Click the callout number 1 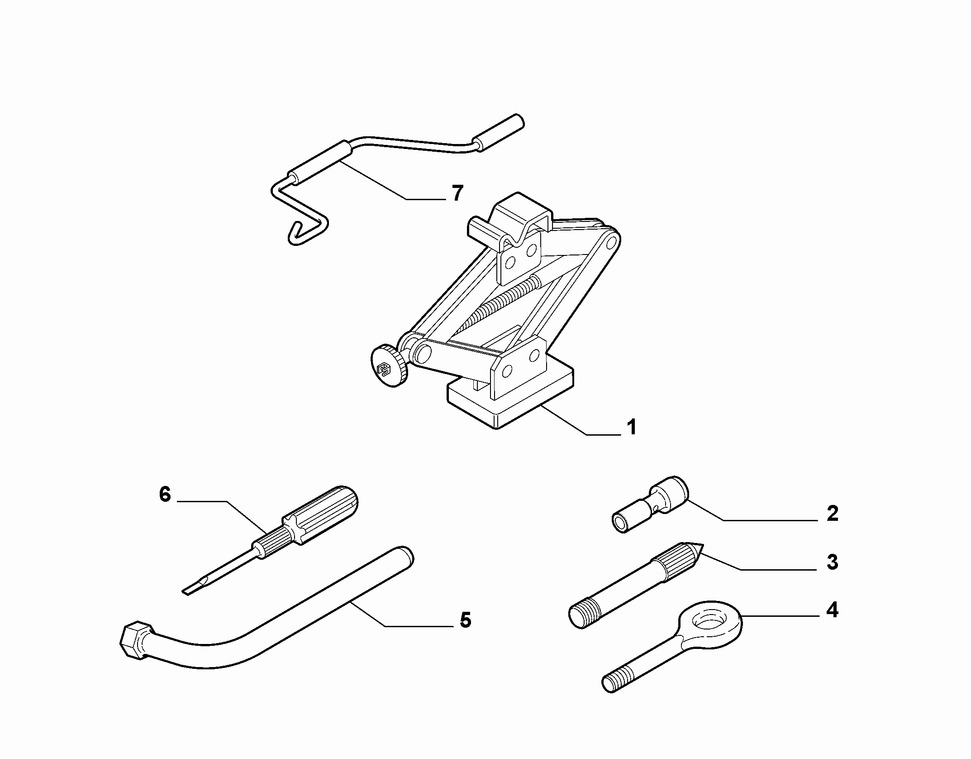coord(632,427)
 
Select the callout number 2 coord(832,514)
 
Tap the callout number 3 coord(832,562)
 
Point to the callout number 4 coord(832,610)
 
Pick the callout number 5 coord(465,620)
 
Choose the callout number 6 coord(165,495)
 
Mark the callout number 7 coord(457,193)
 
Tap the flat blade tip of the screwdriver coord(192,589)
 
